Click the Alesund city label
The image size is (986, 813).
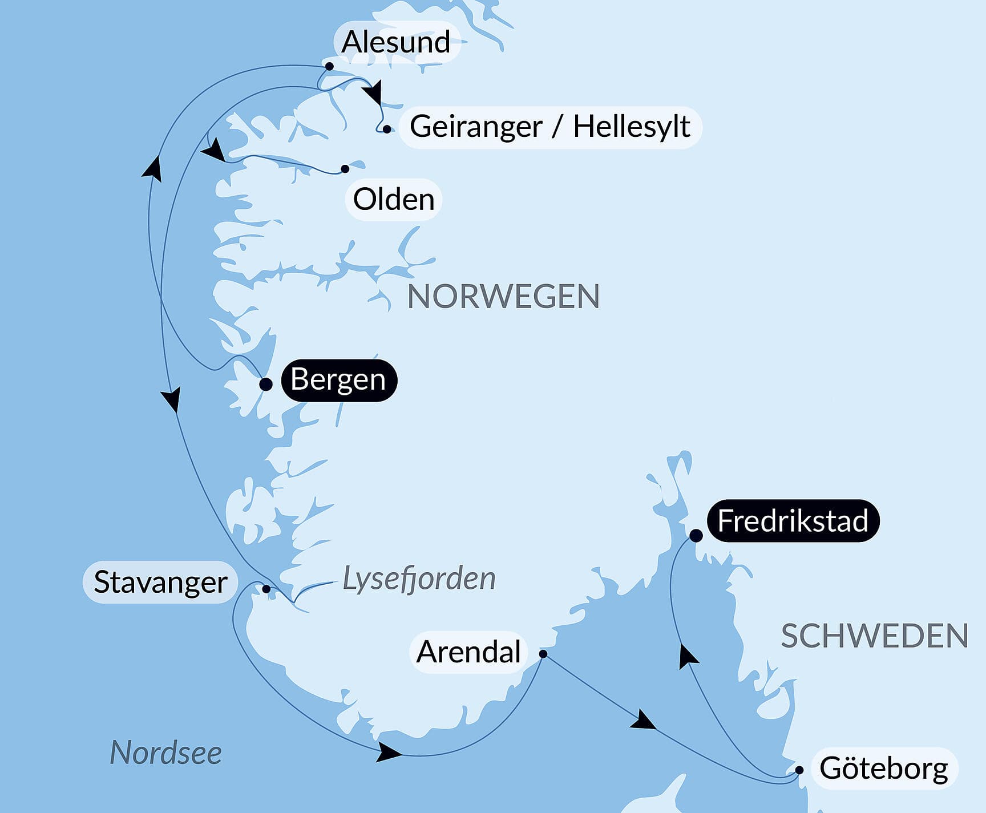pos(396,42)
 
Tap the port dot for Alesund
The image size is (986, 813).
pos(329,67)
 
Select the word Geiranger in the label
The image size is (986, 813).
pos(475,127)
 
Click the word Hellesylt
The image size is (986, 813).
pos(632,127)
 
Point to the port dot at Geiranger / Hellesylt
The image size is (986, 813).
pos(387,130)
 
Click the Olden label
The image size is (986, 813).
pos(394,200)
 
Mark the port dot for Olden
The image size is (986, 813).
pos(345,169)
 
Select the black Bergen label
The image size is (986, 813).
pos(338,380)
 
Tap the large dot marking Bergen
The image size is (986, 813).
pos(266,384)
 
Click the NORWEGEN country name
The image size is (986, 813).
pos(503,297)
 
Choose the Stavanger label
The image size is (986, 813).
pos(160,583)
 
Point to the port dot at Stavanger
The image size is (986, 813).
pos(266,589)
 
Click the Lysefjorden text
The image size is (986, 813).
pos(419,579)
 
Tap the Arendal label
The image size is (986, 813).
pos(468,652)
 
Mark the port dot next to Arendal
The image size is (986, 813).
pos(543,654)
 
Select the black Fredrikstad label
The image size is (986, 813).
pos(793,521)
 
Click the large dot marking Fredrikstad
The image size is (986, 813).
pos(696,536)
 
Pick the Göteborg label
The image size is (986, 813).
pos(883,768)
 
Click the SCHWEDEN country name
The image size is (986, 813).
pos(874,636)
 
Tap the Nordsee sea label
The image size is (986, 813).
pos(165,753)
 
